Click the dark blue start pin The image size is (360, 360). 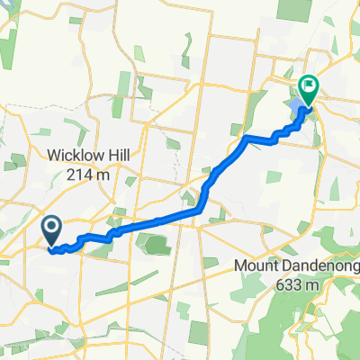pyautogui.click(x=52, y=229)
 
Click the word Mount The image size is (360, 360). pyautogui.click(x=258, y=266)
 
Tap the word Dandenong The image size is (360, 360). pyautogui.click(x=315, y=266)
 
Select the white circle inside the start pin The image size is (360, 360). pyautogui.click(x=52, y=226)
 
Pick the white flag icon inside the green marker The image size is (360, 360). pyautogui.click(x=308, y=87)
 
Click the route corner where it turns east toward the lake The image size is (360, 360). pyautogui.click(x=246, y=137)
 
